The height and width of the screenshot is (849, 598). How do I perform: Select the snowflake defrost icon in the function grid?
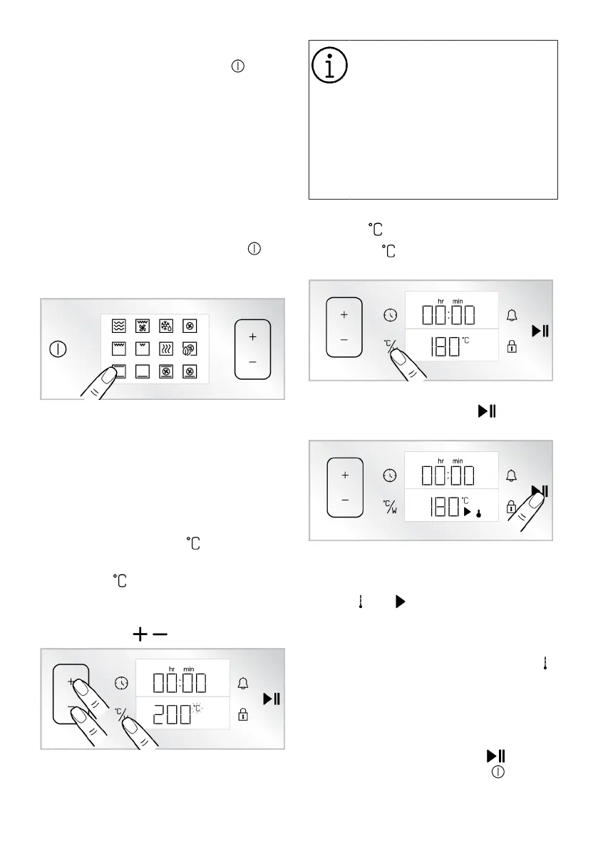(x=166, y=326)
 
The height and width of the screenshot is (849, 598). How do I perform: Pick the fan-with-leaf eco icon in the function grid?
(x=190, y=349)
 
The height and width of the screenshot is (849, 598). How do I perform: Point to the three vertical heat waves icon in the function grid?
(x=166, y=349)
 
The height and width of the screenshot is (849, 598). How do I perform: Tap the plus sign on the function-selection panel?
(x=252, y=336)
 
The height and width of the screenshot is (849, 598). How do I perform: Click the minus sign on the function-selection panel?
(x=252, y=362)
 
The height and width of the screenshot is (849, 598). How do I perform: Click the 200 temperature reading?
(x=172, y=714)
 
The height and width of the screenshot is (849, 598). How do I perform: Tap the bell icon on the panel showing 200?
(x=243, y=684)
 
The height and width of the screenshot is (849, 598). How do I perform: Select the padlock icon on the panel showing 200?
(x=243, y=714)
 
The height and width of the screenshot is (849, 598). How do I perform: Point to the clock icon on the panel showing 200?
(x=122, y=684)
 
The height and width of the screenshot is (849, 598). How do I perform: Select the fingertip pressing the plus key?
(x=78, y=687)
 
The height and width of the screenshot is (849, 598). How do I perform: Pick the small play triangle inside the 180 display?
(x=468, y=512)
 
